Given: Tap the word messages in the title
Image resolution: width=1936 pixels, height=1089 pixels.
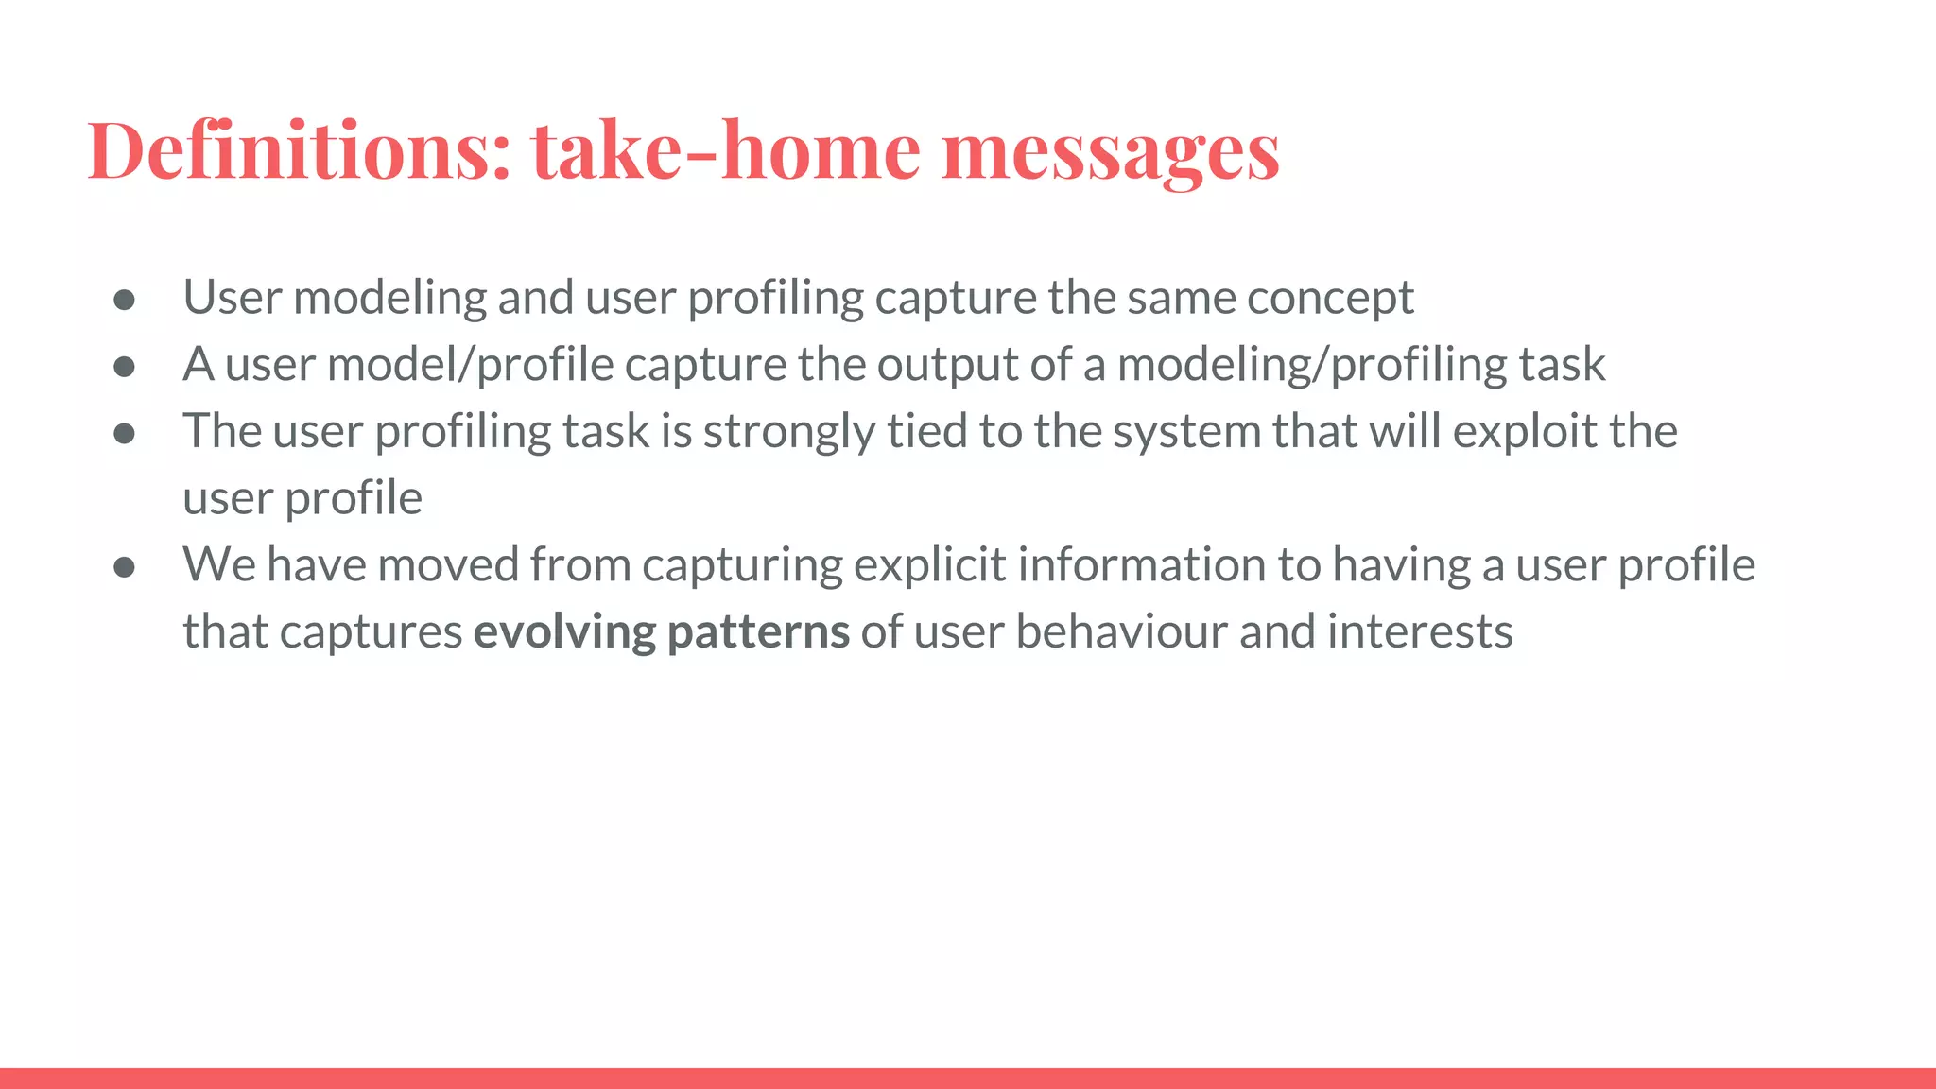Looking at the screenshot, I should [x=1110, y=151].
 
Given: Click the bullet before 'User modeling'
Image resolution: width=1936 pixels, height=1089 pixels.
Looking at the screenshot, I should [x=124, y=301].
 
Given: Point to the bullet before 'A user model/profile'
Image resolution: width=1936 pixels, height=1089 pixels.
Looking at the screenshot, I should [x=124, y=367].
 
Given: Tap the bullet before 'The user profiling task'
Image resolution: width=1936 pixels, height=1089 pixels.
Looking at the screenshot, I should [x=124, y=434].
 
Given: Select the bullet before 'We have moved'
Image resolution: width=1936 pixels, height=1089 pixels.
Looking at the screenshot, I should [x=124, y=567].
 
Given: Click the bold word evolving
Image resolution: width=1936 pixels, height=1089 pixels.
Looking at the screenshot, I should [x=564, y=631].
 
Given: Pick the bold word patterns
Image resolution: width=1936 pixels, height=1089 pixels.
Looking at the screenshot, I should [x=758, y=631].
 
